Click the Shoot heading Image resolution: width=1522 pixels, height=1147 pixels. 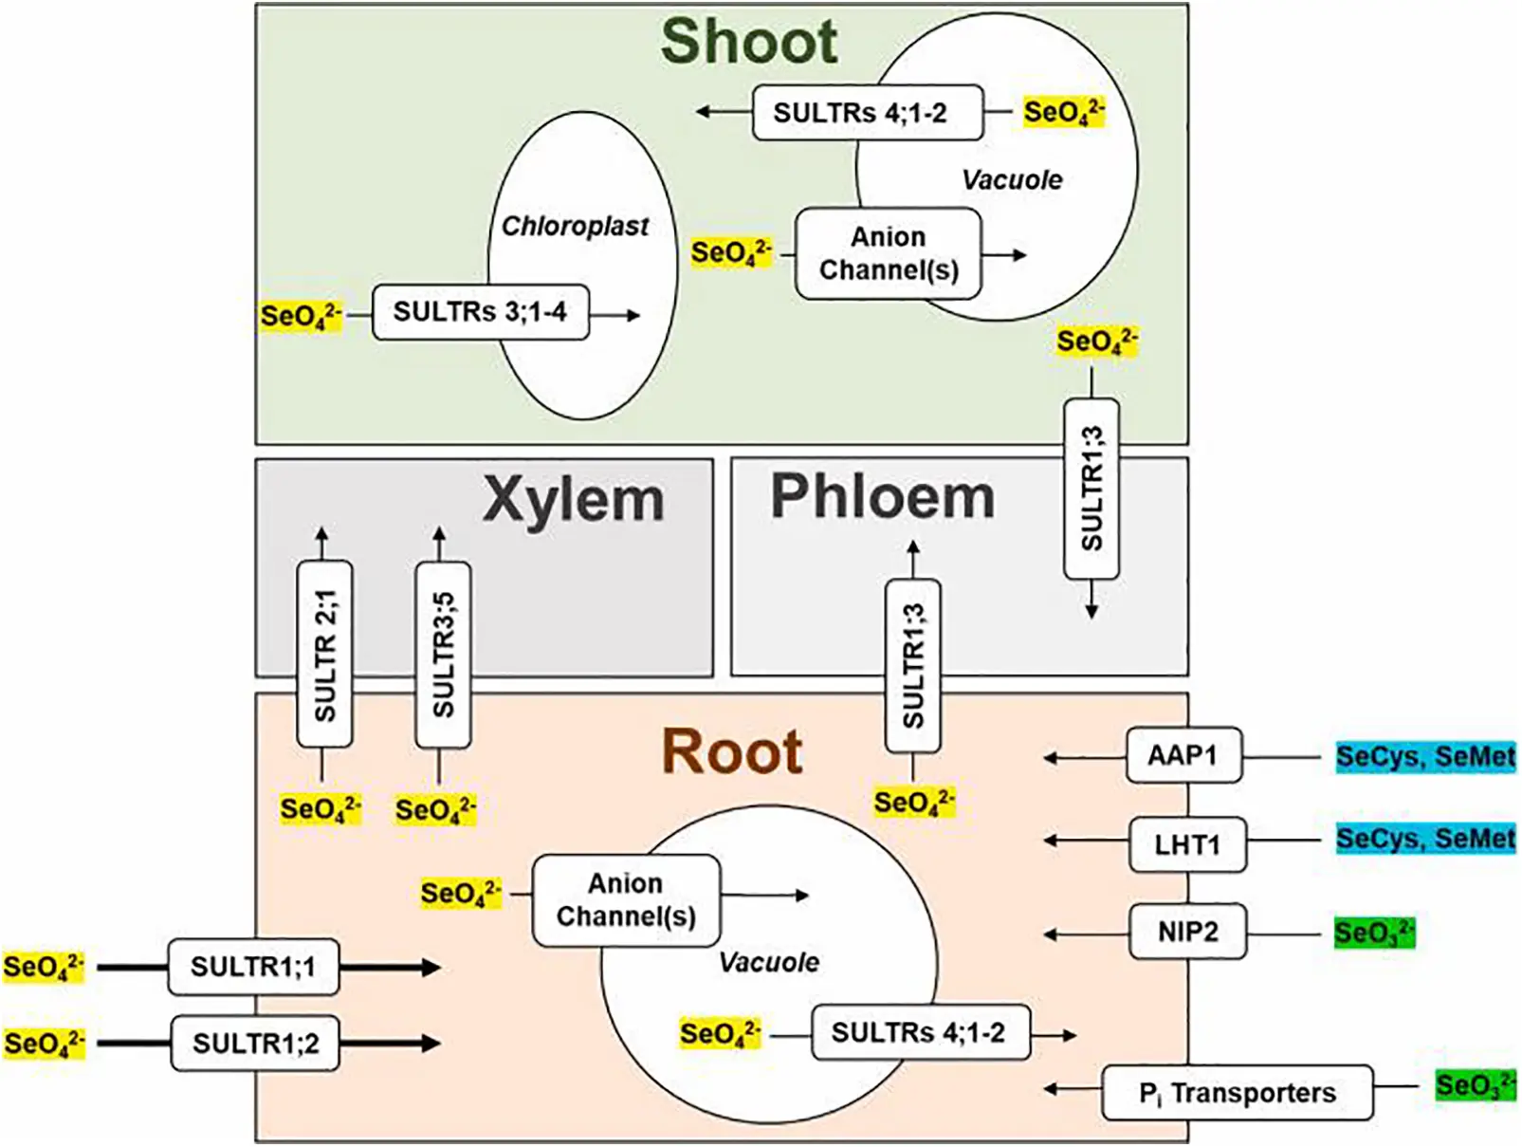pos(748,43)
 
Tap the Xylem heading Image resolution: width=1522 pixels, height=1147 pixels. pos(573,500)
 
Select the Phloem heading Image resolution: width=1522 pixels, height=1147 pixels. pos(882,497)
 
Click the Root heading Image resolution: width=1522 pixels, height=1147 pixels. pos(732,752)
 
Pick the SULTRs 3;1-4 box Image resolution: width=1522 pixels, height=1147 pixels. pos(480,312)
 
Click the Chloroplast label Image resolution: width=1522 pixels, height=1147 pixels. pos(575,227)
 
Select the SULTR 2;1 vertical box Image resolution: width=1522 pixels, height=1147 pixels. pos(324,655)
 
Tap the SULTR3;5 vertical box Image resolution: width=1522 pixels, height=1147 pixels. pos(443,655)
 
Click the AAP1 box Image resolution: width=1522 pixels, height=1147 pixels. pos(1183,756)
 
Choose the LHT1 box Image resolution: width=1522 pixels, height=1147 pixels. pos(1186,844)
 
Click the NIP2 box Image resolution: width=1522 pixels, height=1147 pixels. pos(1187,932)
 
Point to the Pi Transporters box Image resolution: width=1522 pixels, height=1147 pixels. pos(1237,1093)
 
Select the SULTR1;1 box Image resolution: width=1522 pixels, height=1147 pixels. pos(253,967)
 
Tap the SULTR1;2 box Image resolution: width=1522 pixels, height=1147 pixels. pos(255,1044)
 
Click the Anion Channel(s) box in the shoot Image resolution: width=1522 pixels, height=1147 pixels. pos(889,254)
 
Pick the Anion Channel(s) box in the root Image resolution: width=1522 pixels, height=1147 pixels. pos(626,900)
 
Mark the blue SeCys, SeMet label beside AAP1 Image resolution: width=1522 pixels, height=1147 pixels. pos(1424,757)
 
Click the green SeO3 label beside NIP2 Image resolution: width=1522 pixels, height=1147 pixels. pos(1373,933)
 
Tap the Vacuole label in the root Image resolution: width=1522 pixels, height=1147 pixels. pos(768,963)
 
